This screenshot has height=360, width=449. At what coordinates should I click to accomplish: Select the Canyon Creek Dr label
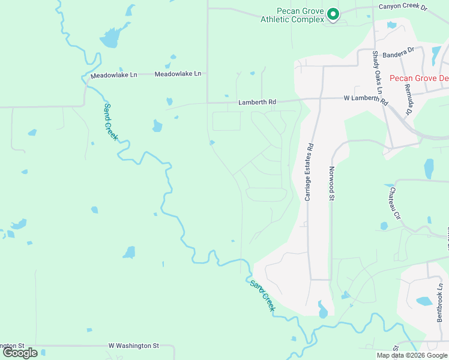tap(402, 7)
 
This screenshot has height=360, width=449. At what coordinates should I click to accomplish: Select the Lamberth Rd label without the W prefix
tap(257, 103)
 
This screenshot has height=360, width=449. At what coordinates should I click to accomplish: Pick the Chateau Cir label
tap(394, 203)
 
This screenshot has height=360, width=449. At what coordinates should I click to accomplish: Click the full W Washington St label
tap(133, 346)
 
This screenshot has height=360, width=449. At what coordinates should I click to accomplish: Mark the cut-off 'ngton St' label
tap(12, 346)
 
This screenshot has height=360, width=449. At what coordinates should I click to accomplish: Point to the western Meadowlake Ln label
tap(113, 75)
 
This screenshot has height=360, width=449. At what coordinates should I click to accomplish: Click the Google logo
tap(20, 353)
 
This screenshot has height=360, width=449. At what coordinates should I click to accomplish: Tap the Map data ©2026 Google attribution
tap(412, 355)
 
